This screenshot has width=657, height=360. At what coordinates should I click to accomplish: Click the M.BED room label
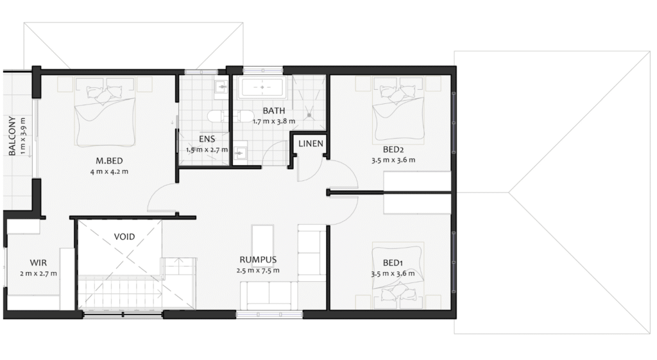pos(109,160)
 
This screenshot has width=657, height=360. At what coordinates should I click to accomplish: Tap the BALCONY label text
pos(12,136)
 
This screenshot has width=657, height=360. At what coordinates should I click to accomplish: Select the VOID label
pos(124,237)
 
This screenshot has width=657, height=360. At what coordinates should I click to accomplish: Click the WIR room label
pos(38,262)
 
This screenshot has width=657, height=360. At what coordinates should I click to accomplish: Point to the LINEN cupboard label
pos(311,144)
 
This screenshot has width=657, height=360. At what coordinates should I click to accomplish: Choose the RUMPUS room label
pos(258,260)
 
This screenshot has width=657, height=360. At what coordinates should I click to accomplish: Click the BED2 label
pos(393,150)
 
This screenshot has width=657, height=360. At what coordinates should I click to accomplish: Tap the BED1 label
pos(393,263)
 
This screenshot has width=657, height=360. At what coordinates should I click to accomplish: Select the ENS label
pos(207,139)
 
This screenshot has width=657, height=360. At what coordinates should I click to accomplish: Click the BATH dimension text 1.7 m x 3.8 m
pos(273,121)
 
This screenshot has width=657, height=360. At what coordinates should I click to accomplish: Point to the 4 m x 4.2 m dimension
pos(109,171)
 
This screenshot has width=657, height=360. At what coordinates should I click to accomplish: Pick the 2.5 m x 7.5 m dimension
pos(258,271)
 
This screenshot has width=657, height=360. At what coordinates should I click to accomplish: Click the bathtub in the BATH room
pos(262,87)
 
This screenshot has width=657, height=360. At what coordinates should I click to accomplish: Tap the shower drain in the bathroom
pos(309,114)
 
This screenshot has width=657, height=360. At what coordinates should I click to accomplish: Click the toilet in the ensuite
pos(218,116)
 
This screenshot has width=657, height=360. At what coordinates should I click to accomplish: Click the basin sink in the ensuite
pos(221,87)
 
